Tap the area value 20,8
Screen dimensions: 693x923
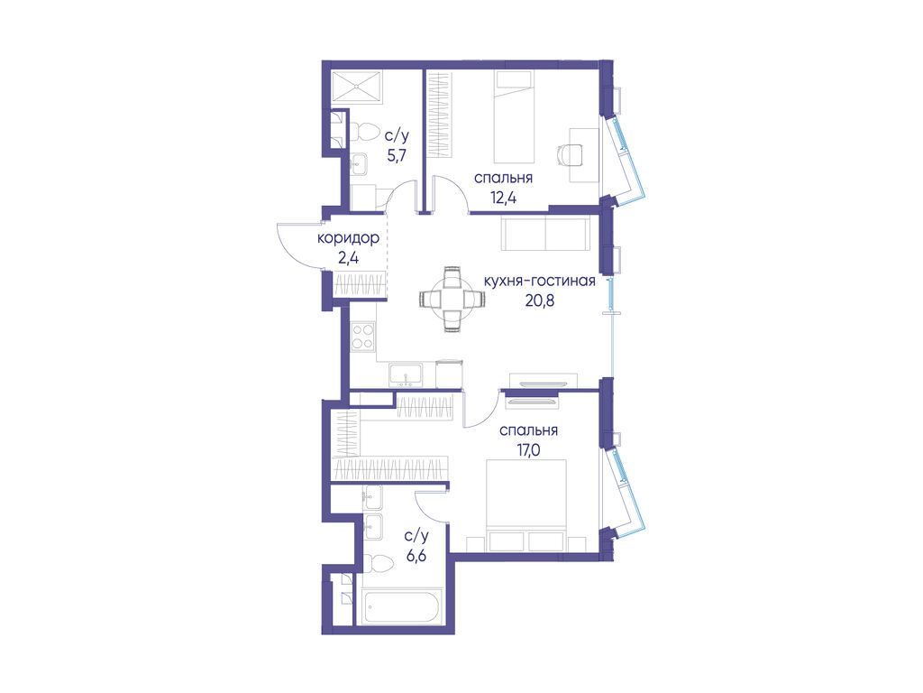click(539, 300)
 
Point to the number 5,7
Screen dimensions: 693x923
click(397, 155)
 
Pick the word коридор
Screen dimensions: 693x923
click(348, 239)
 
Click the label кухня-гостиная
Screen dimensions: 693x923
click(539, 281)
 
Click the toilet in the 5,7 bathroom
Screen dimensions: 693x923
click(364, 134)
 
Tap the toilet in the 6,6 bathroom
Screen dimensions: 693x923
click(379, 563)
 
